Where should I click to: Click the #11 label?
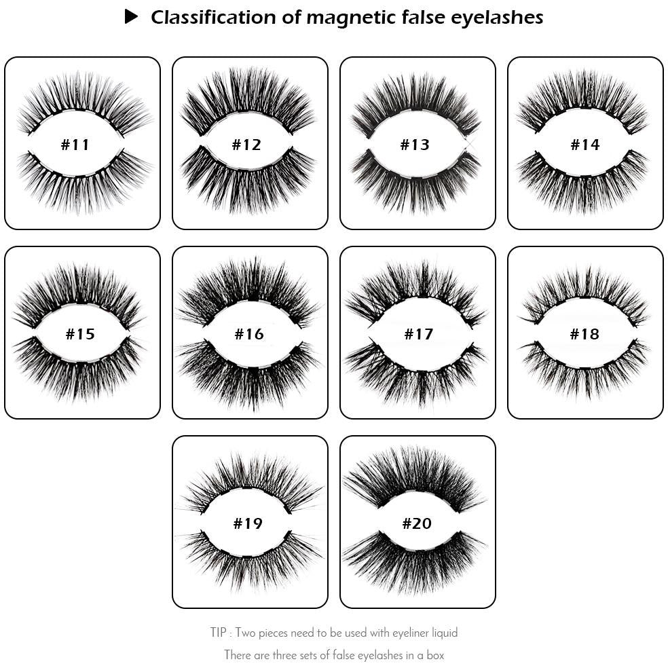[x=75, y=145]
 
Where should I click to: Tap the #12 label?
[x=246, y=145]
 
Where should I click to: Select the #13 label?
[x=415, y=145]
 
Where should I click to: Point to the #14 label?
[x=585, y=145]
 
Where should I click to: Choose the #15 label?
[x=79, y=334]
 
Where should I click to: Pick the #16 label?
[x=249, y=334]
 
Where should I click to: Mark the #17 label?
[x=418, y=334]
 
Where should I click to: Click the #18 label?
[x=584, y=334]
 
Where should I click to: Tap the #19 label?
[x=248, y=523]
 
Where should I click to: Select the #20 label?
[x=417, y=523]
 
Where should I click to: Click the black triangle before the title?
[x=132, y=17]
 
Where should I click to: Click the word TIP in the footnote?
[x=219, y=633]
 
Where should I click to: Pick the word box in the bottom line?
[x=434, y=655]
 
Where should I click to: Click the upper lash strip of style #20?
[x=414, y=479]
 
